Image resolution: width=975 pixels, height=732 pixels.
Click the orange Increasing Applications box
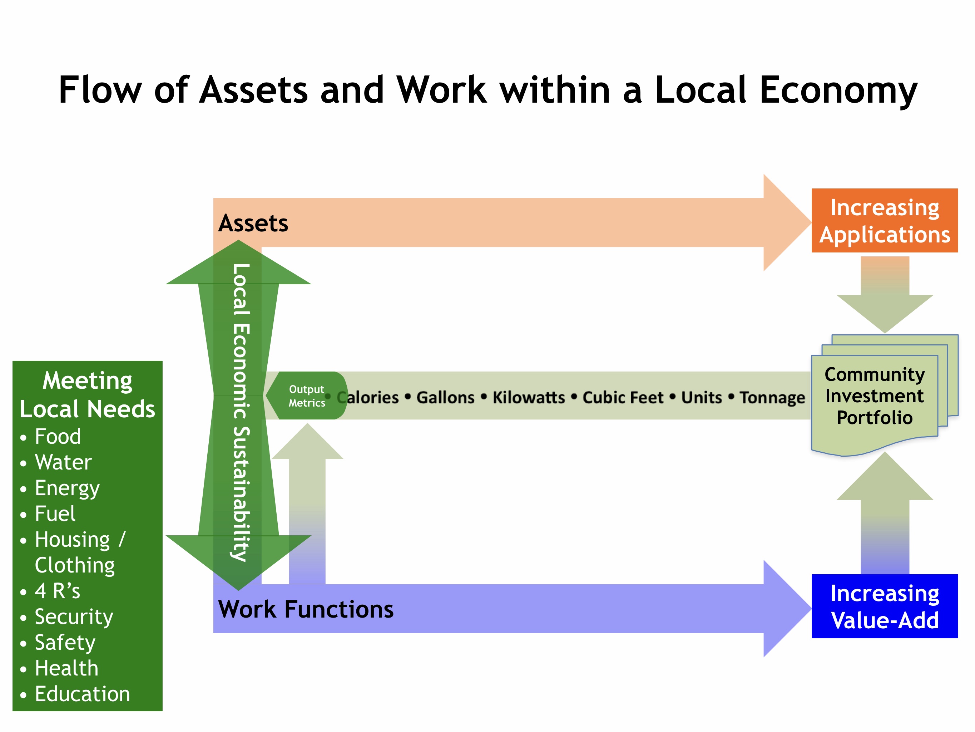click(884, 221)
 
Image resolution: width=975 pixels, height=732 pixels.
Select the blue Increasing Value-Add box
click(884, 606)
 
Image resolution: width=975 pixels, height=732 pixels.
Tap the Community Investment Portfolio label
click(875, 396)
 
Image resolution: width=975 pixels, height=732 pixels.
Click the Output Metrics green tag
click(307, 396)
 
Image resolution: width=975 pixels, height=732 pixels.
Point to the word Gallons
click(446, 397)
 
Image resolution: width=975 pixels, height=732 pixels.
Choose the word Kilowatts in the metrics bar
click(529, 397)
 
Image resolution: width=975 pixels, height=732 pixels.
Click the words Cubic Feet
click(623, 397)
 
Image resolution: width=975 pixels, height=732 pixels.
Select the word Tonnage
click(772, 397)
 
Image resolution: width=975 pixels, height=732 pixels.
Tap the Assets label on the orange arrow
click(253, 223)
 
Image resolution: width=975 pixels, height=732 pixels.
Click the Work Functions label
click(306, 609)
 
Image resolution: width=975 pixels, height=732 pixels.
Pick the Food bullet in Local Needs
click(58, 437)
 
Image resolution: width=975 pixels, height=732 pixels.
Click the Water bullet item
click(63, 462)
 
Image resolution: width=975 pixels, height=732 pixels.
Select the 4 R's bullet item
click(57, 591)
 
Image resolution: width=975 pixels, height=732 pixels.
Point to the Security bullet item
click(74, 616)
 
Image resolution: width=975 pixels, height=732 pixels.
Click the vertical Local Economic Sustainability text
click(241, 412)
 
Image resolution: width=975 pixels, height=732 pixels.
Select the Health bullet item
click(66, 668)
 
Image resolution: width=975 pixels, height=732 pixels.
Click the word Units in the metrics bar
click(701, 397)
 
